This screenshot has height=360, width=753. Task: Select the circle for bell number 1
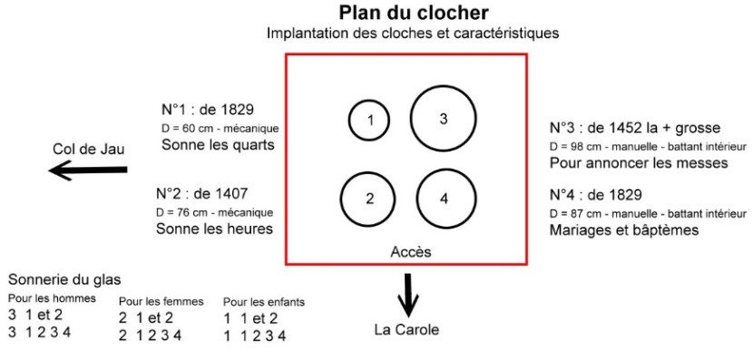pyautogui.click(x=369, y=121)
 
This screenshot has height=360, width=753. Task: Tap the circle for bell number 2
pyautogui.click(x=369, y=199)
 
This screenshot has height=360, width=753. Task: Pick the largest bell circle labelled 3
pyautogui.click(x=443, y=119)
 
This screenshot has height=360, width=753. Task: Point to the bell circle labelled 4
pyautogui.click(x=445, y=199)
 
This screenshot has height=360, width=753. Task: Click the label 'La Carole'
pyautogui.click(x=406, y=329)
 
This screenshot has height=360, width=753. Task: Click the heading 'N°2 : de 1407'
pyautogui.click(x=202, y=192)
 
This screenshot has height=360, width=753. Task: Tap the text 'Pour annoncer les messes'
pyautogui.click(x=638, y=163)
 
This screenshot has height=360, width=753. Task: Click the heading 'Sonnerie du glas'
pyautogui.click(x=64, y=280)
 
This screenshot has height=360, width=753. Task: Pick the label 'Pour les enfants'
pyautogui.click(x=265, y=301)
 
